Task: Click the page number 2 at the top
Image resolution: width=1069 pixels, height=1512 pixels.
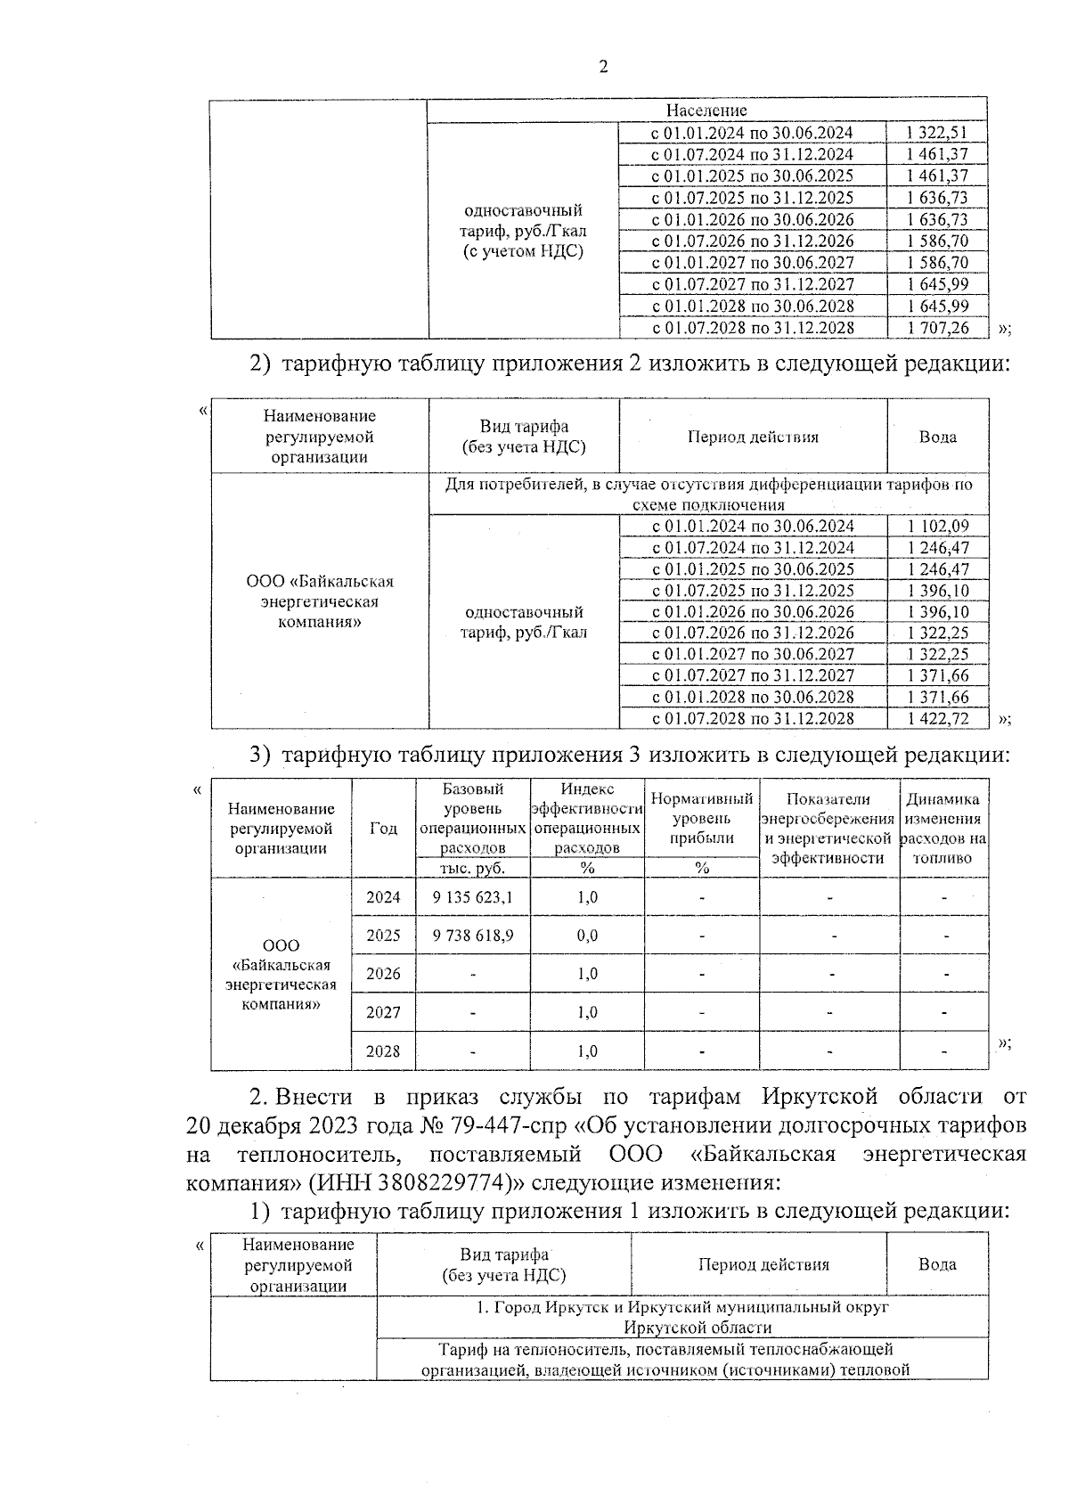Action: pos(603,68)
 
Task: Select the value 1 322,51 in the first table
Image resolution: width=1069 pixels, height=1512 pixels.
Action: pos(936,133)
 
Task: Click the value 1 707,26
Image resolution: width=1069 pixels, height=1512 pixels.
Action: pos(936,328)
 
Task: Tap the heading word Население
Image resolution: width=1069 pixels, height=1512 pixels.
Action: pos(706,110)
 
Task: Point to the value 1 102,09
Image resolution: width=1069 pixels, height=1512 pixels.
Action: pos(937,527)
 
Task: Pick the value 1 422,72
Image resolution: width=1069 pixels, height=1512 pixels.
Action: pos(937,718)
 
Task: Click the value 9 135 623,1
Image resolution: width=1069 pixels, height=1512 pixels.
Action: pos(472,897)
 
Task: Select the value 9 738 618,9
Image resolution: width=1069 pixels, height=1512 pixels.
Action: pos(472,936)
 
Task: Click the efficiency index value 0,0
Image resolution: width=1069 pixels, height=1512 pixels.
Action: pos(587,936)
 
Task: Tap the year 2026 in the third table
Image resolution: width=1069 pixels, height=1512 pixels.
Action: pos(383,974)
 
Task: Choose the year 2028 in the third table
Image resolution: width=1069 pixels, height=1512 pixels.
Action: pos(383,1051)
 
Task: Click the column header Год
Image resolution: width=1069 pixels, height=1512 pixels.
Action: pos(383,828)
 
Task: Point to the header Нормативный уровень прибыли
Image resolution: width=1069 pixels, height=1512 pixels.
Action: pos(702,818)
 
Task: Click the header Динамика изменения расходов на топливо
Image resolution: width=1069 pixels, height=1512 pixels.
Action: pos(943,828)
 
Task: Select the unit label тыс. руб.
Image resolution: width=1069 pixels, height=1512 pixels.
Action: pos(472,868)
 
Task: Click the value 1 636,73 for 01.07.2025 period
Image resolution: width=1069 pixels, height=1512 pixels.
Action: pos(936,198)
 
